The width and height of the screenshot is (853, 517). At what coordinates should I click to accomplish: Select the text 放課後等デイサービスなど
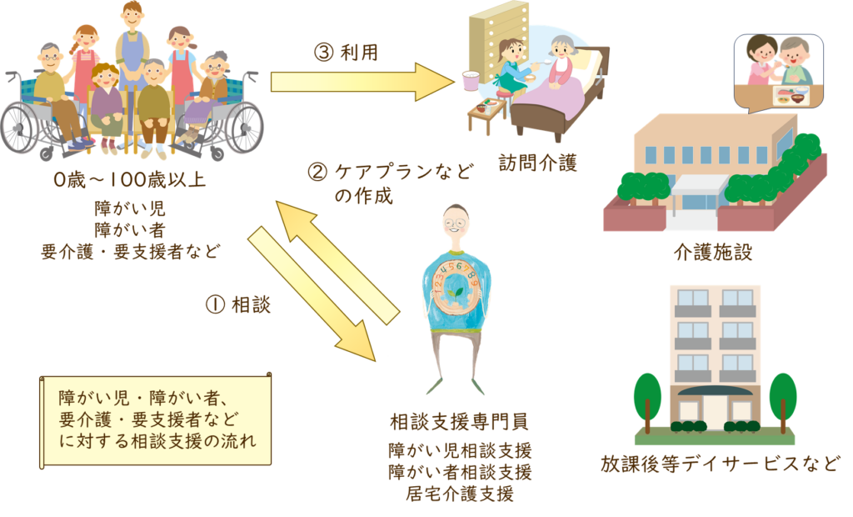(x=720, y=463)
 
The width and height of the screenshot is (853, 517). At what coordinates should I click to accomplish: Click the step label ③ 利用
(x=346, y=53)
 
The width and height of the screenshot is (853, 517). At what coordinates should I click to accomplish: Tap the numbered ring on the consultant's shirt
(x=455, y=288)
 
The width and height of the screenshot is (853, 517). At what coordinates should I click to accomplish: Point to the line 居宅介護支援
(x=460, y=492)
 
